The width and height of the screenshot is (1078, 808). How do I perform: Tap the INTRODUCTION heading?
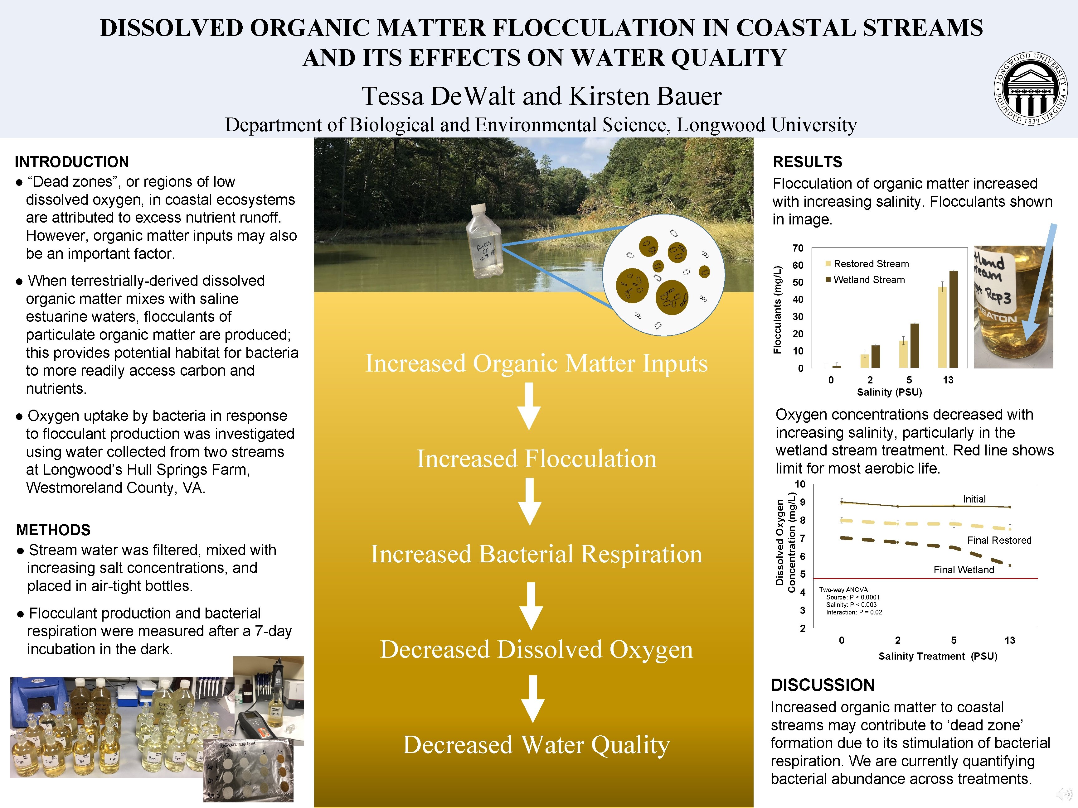(72, 162)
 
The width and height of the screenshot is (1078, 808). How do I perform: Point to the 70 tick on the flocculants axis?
(798, 248)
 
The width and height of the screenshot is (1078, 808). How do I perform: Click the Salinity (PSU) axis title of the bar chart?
(889, 392)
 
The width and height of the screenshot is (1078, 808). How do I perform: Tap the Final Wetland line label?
(964, 570)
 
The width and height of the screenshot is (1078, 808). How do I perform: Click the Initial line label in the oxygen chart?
(974, 499)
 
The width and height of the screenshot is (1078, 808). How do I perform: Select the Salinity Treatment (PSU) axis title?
(938, 656)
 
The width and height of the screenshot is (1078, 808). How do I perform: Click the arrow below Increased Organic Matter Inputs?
(529, 406)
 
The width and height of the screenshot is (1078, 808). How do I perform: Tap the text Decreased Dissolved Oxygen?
(536, 649)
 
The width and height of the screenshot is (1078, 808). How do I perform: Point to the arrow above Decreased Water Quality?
(533, 698)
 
